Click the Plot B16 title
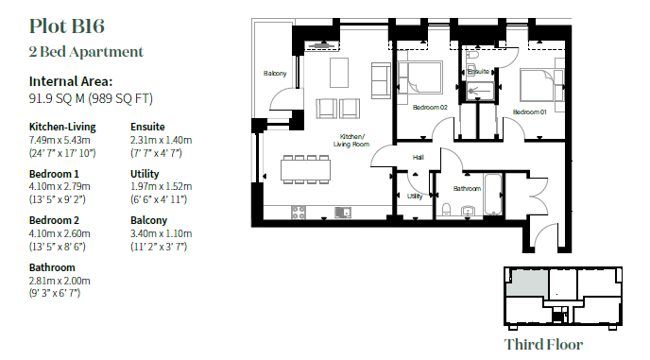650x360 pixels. pos(67,26)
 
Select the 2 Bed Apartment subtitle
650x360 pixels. pos(86,52)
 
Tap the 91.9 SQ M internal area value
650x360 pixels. pos(57,98)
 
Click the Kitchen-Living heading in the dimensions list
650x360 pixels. pos(62,127)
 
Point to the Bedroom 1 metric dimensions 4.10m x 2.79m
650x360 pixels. pos(60,187)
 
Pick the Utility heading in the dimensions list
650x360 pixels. pos(145,174)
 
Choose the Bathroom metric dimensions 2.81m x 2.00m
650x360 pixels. pos(60,281)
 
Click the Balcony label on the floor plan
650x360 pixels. pos(275,74)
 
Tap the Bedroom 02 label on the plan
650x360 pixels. pos(430,107)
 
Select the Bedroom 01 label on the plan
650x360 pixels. pos(529,112)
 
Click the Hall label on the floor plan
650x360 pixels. pos(419,157)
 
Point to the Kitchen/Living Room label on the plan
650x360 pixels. pos(351,140)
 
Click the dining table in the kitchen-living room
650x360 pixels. pos(305,170)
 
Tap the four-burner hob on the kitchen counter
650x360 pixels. pos(299,213)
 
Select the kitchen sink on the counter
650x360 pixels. pos(343,213)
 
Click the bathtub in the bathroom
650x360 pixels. pos(493,195)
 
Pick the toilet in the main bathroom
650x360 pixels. pos(447,210)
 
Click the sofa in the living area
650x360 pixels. pos(381,81)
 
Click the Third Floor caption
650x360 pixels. pos(543,344)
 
